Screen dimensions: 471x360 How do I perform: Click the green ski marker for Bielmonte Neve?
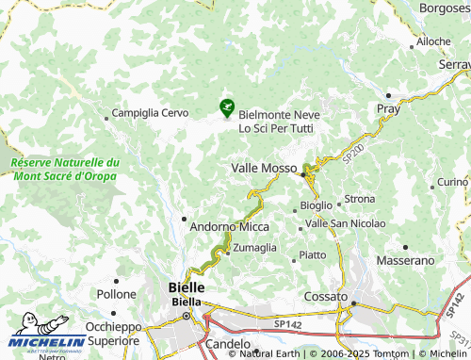(x=226, y=109)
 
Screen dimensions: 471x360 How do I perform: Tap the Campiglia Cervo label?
(x=151, y=113)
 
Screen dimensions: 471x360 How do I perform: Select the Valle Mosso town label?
(x=263, y=167)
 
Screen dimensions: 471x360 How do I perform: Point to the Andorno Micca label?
(x=229, y=226)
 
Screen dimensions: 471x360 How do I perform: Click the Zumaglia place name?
(x=254, y=247)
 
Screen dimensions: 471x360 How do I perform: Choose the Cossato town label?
(x=327, y=296)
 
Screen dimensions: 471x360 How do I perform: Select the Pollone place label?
(x=116, y=294)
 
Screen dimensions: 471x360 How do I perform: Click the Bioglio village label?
(x=316, y=205)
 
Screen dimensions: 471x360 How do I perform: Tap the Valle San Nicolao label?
(x=345, y=223)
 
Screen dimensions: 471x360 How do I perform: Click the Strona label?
(x=360, y=199)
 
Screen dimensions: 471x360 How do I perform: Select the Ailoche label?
(x=434, y=41)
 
